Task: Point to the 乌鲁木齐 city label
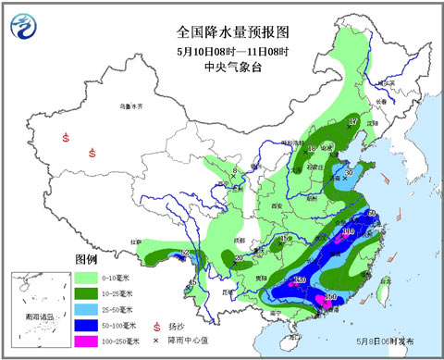132,107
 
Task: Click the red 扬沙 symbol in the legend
169,327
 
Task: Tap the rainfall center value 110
348,232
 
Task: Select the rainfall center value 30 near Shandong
349,171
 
